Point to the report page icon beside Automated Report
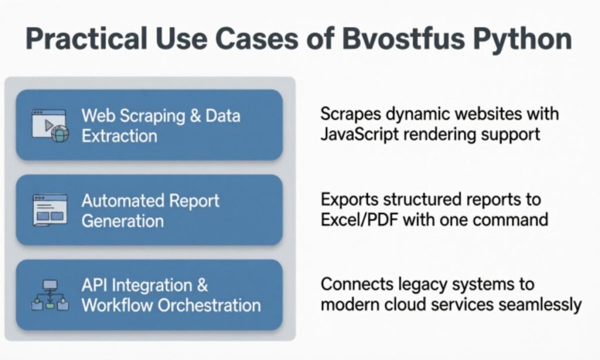point(49,210)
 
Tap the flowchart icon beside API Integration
point(50,295)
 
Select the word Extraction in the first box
point(119,136)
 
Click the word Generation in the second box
point(122,221)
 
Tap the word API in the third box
point(94,286)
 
